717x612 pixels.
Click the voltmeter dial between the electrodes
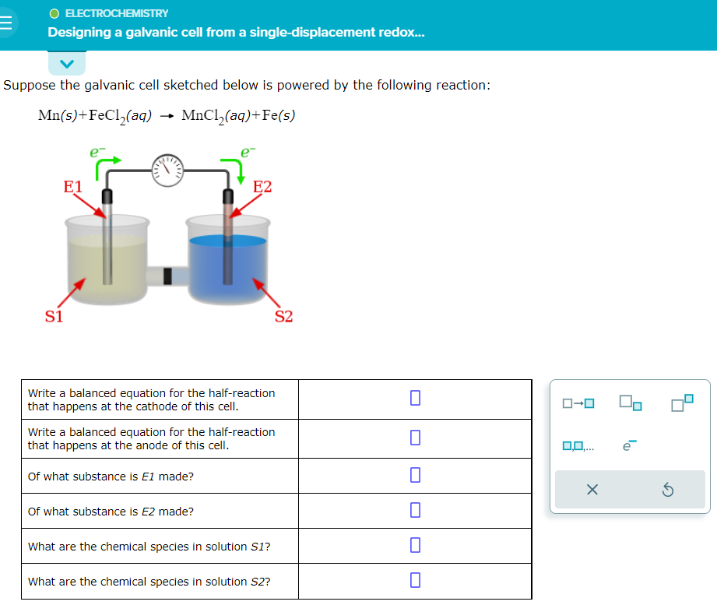(170, 168)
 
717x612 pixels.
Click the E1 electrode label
(72, 187)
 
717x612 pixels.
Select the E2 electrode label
(262, 187)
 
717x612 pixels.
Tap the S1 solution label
(54, 316)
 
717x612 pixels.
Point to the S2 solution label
(283, 316)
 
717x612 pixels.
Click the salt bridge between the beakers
(167, 274)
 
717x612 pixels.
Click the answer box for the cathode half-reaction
(415, 398)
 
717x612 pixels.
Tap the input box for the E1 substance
(415, 475)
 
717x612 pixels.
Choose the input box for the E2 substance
(415, 510)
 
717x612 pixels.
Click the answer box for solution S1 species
(415, 545)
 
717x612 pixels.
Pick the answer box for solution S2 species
(415, 580)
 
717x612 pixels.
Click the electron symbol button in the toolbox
(630, 445)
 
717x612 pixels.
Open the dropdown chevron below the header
(66, 63)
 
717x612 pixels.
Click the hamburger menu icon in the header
(7, 24)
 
